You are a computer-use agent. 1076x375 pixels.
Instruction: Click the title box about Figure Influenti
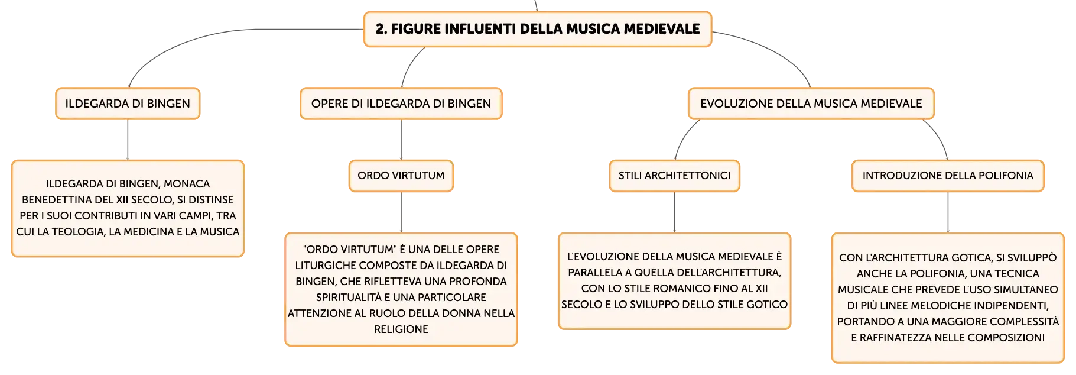tap(538, 29)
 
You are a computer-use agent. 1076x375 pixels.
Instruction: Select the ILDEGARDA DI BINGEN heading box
tap(128, 104)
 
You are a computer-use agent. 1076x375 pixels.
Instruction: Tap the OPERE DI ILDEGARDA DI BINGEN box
tap(401, 104)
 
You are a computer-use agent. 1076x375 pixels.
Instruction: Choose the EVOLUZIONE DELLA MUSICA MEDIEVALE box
tap(811, 104)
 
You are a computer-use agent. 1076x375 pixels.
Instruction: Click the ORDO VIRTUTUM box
tap(401, 176)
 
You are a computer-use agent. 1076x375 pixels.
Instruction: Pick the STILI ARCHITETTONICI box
tap(674, 176)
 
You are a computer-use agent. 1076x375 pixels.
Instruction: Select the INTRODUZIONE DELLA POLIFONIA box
tap(948, 176)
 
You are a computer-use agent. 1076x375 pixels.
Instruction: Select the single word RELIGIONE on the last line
tap(401, 329)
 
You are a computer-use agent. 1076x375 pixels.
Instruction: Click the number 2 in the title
tap(381, 29)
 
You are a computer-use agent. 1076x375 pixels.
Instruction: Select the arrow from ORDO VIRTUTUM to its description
tap(401, 212)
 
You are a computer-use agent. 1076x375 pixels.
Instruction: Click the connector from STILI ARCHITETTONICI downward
tap(674, 212)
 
